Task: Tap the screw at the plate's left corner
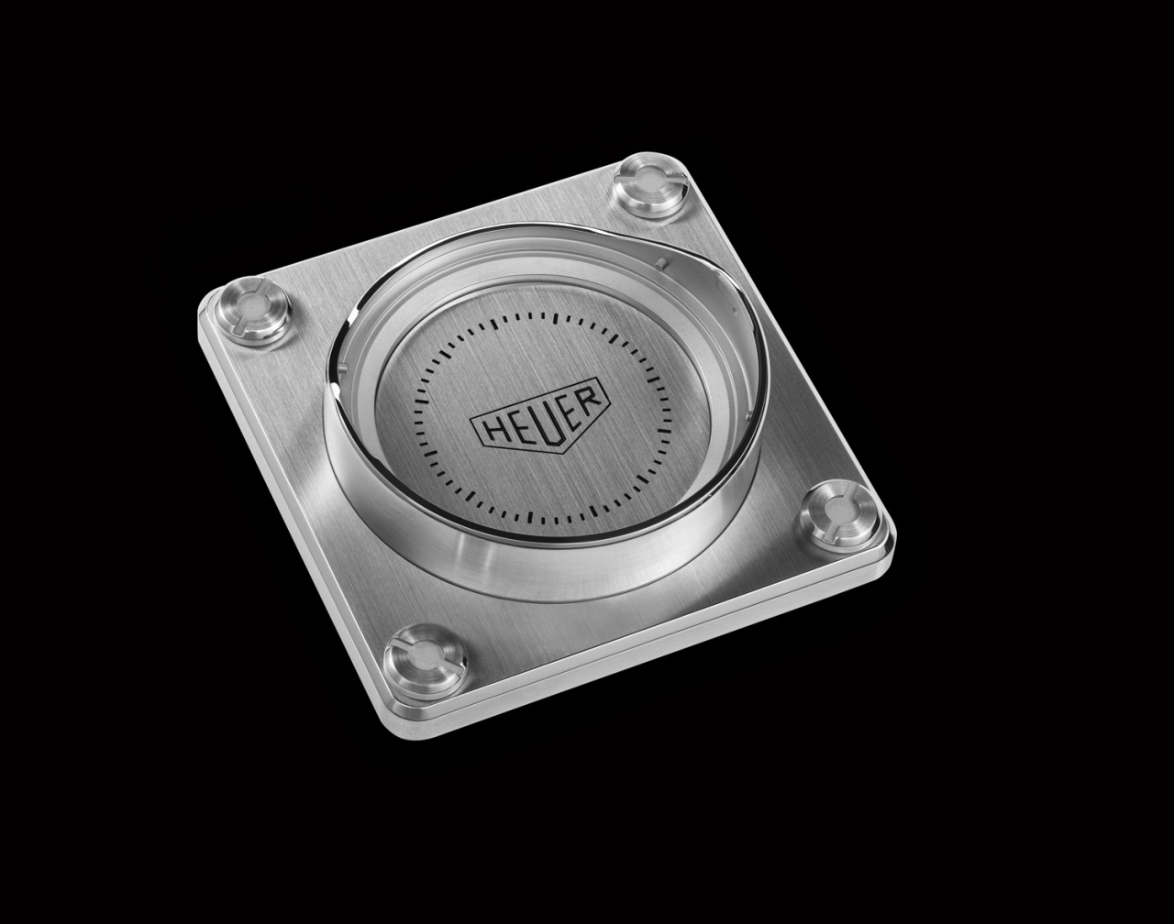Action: tap(252, 311)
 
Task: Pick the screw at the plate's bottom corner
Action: tap(425, 659)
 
